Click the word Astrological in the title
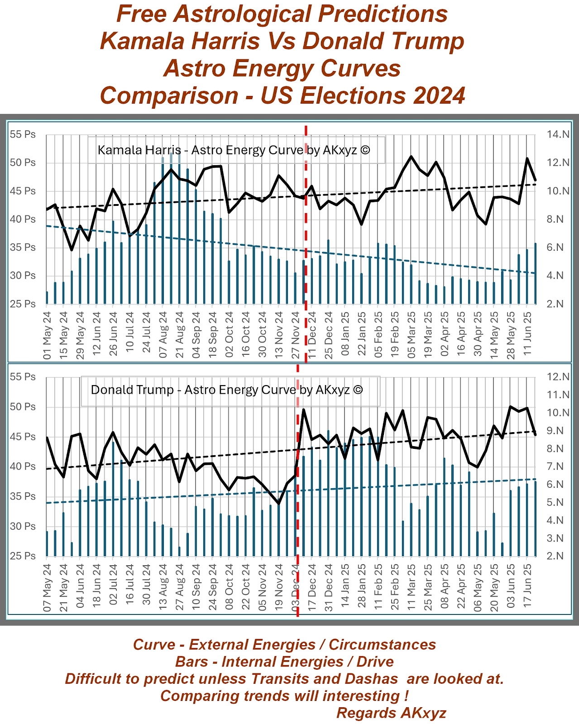point(242,14)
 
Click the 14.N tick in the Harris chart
point(558,134)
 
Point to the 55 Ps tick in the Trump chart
point(23,377)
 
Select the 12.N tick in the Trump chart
point(558,377)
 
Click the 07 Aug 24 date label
point(163,335)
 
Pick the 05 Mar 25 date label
point(412,335)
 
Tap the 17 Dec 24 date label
point(312,587)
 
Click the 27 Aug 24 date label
point(179,587)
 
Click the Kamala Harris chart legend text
point(234,150)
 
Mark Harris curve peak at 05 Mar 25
point(411,157)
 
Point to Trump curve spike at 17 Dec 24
point(303,410)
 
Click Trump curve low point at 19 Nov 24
point(279,503)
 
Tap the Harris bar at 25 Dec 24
point(329,271)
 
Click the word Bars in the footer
point(191,662)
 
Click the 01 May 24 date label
point(47,335)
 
